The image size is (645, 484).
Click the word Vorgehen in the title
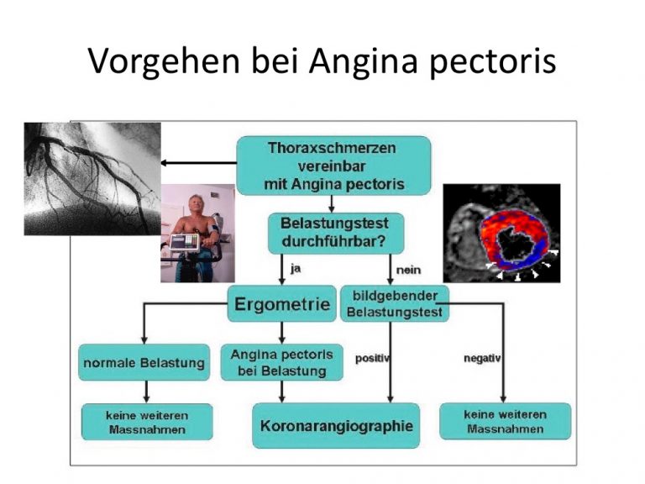point(164,60)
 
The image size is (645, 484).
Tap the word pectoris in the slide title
point(493,62)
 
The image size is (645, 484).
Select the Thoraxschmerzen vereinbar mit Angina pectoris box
point(333,166)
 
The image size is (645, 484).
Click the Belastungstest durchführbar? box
point(336,233)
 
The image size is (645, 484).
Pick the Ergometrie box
point(282,303)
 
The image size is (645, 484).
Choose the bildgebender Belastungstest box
point(395,303)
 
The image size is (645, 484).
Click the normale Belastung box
point(144,363)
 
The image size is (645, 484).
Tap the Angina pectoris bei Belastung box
point(282,363)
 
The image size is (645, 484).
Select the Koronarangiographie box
point(336,425)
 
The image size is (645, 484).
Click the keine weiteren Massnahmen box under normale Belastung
point(147,423)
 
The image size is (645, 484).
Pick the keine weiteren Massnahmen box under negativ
point(505,422)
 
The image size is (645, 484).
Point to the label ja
point(296,269)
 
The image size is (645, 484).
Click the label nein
point(408,270)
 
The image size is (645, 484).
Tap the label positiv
point(372,359)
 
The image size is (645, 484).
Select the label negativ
point(482,359)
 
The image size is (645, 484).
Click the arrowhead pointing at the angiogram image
point(163,163)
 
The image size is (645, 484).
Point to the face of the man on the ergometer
point(194,204)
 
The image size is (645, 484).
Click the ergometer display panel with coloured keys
point(185,242)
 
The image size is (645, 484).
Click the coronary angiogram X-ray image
point(92,179)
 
